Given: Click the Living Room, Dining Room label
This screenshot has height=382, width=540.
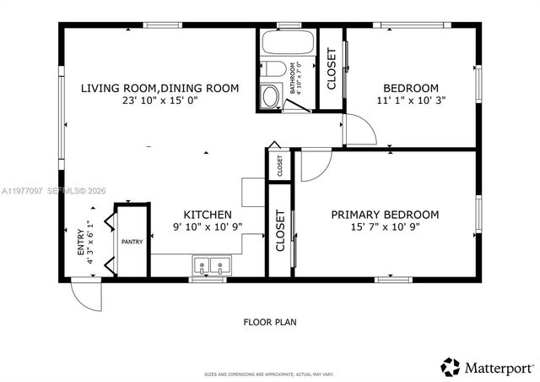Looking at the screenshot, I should click(159, 88).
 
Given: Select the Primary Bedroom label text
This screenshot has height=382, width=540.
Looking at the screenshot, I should click(385, 215).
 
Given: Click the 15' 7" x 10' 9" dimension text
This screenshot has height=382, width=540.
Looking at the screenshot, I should click(385, 226).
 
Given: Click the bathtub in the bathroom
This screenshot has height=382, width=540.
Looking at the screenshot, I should click(287, 43).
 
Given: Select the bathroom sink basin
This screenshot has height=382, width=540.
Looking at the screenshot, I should click(271, 96).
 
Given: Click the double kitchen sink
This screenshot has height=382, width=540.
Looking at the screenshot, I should click(211, 266).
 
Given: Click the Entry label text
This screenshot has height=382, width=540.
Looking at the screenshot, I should click(82, 243).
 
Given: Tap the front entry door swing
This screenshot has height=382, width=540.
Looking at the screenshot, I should click(86, 295).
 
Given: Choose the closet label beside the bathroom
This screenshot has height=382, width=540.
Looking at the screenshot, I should click(331, 69).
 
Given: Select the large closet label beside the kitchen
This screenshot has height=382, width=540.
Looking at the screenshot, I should click(280, 231).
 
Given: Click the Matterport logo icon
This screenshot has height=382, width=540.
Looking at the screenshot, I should click(451, 367).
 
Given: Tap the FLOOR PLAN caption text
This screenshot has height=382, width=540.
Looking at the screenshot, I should click(269, 321).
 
